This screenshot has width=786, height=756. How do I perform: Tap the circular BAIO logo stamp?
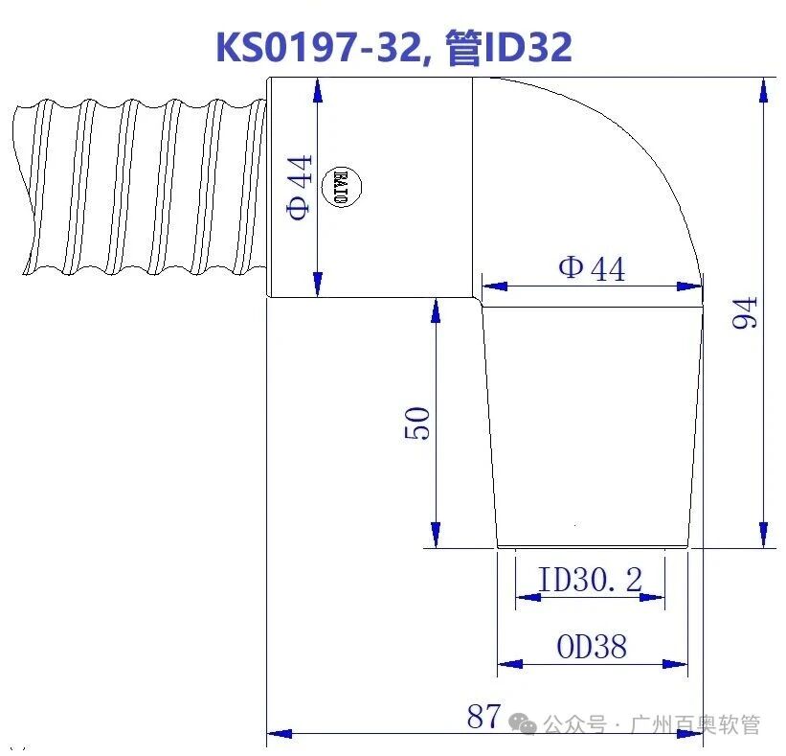[345, 182]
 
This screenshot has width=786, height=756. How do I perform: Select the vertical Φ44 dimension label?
[301, 188]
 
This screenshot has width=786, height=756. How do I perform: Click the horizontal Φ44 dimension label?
[592, 268]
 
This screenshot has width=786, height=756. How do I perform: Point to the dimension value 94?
[745, 312]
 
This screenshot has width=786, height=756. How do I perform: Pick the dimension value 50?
[418, 423]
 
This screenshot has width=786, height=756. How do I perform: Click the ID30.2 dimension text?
[589, 579]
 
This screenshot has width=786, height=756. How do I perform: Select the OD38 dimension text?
[591, 648]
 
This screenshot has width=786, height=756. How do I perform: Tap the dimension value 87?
[483, 715]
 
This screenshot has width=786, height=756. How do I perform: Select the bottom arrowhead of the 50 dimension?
[436, 536]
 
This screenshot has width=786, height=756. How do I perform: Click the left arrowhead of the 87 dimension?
[279, 734]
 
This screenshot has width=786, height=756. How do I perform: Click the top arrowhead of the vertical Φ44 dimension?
[317, 89]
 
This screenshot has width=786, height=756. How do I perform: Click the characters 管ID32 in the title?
[508, 46]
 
